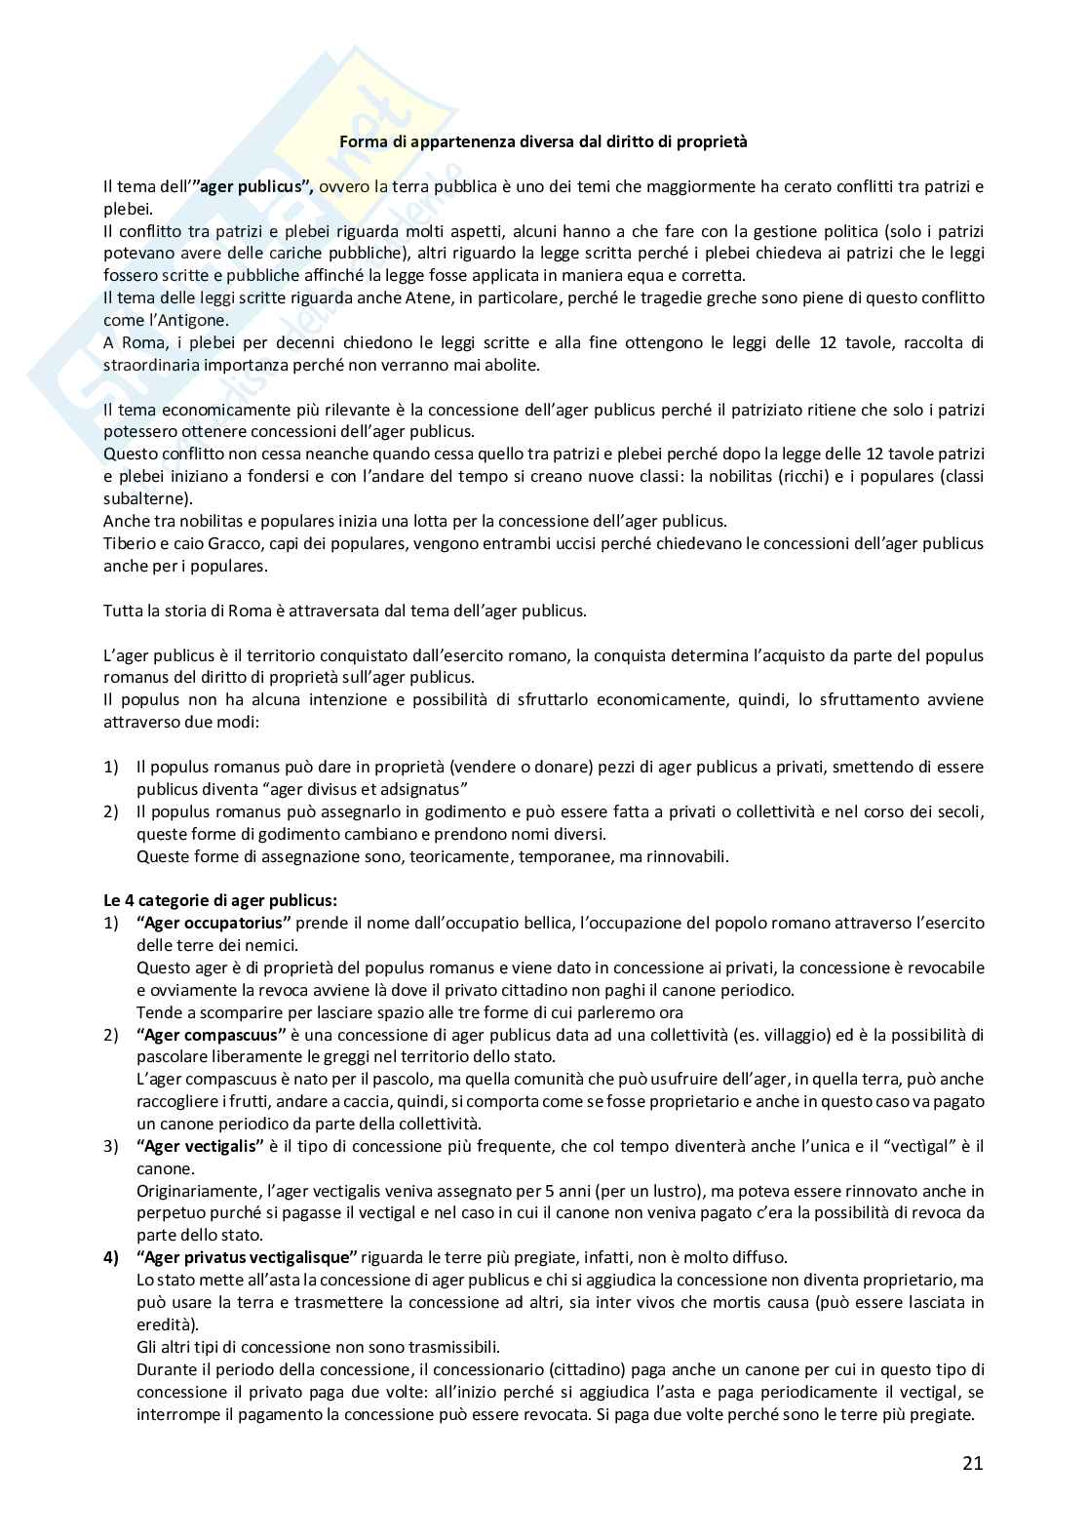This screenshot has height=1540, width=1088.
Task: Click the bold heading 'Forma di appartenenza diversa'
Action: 543,141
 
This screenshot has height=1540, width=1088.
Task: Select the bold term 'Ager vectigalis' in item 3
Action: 202,1146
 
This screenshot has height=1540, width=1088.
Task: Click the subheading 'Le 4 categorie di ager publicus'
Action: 220,900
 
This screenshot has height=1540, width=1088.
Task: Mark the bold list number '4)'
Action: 111,1257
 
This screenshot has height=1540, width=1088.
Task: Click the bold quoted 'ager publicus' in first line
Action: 253,186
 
